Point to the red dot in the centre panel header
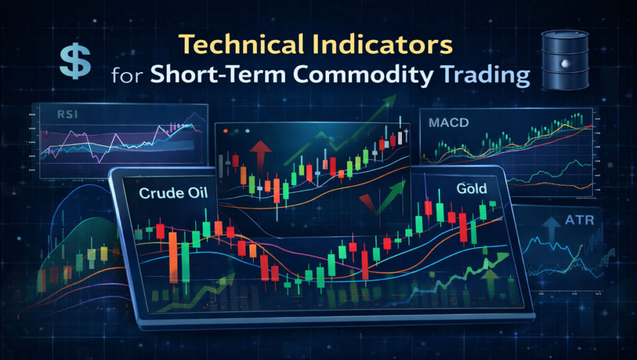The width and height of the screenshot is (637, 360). [226, 131]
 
